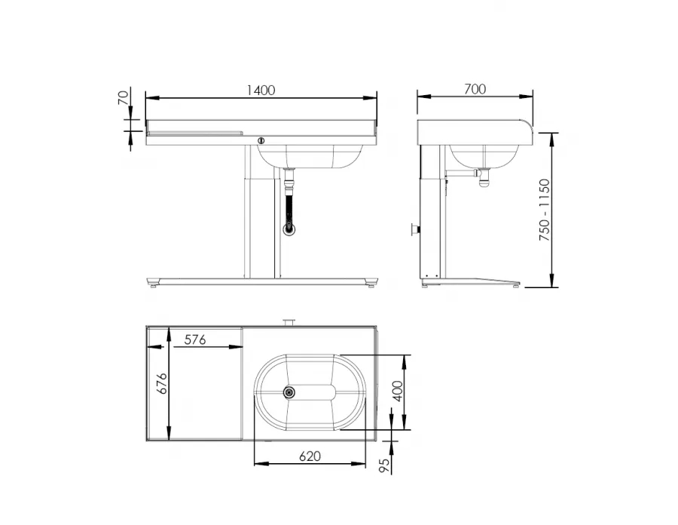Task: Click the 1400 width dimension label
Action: [261, 90]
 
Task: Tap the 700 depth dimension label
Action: [475, 89]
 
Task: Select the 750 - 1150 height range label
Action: [545, 210]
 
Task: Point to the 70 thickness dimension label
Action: [124, 97]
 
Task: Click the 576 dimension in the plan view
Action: [195, 339]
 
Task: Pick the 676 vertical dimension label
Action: [161, 383]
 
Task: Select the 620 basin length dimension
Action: [310, 456]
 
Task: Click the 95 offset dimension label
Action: [383, 465]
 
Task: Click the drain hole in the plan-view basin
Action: [289, 392]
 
